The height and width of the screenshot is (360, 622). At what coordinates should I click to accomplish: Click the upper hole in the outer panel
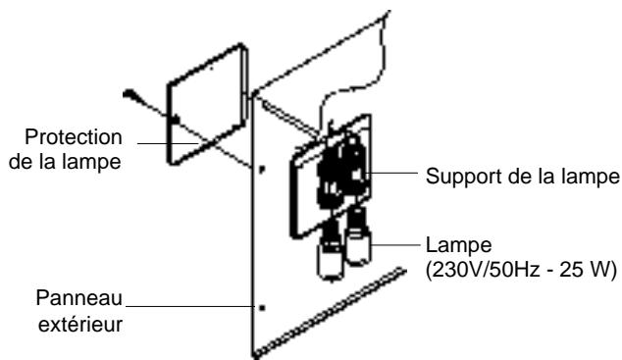pos(261,168)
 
